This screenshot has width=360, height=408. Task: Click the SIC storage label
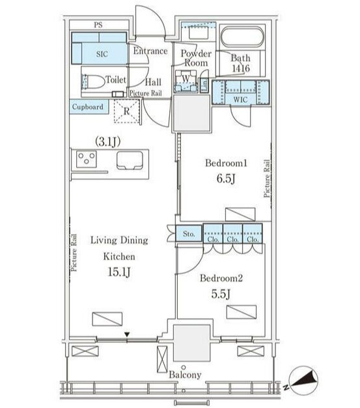(x=102, y=54)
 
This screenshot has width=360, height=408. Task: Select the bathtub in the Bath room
(x=242, y=37)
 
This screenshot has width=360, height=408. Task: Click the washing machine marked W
(x=186, y=81)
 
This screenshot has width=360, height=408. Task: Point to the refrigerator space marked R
(x=126, y=111)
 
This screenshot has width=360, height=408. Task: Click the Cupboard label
(x=88, y=107)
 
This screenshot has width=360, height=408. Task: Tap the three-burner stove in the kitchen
(x=87, y=159)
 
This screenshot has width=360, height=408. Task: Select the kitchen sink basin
(x=130, y=160)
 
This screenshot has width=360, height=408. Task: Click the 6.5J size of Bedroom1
(x=226, y=179)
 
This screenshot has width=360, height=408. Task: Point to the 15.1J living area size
(x=118, y=272)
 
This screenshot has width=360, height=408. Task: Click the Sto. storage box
(x=189, y=233)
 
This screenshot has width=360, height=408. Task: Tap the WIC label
(x=240, y=99)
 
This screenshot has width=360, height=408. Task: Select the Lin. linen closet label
(x=205, y=84)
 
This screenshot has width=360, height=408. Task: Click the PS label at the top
(x=98, y=25)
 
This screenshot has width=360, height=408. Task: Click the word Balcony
(x=185, y=375)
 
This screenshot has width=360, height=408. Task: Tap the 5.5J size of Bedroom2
(x=221, y=294)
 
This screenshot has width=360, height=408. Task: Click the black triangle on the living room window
(x=126, y=334)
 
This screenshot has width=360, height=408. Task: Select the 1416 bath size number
(x=241, y=68)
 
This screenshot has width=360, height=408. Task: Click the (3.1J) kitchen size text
(x=107, y=141)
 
